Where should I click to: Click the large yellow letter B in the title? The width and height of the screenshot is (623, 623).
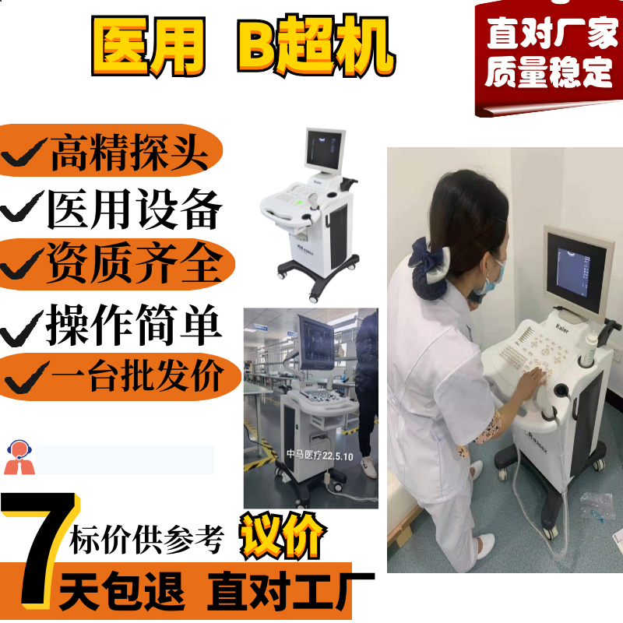[x=256, y=45]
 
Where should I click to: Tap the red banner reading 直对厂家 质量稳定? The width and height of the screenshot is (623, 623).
[x=549, y=58]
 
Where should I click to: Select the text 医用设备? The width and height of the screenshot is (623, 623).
[x=134, y=209]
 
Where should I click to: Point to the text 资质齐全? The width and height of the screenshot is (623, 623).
[x=134, y=262]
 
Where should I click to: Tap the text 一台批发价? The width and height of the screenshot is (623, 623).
[x=137, y=375]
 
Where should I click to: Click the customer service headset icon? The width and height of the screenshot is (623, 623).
[x=19, y=457]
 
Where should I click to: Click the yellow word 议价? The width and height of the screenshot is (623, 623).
[x=283, y=535]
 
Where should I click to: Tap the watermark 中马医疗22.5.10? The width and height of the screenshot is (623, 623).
[x=320, y=455]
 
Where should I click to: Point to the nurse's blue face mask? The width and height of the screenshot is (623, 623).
[x=490, y=277]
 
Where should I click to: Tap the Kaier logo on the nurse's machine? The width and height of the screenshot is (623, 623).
[x=561, y=328]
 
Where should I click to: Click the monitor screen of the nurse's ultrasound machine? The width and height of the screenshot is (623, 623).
[x=572, y=273]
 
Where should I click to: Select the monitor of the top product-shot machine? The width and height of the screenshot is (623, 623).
[x=325, y=151]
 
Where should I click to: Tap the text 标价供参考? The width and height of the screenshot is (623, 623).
[x=146, y=540]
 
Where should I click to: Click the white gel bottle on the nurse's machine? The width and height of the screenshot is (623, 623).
[x=592, y=347]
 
